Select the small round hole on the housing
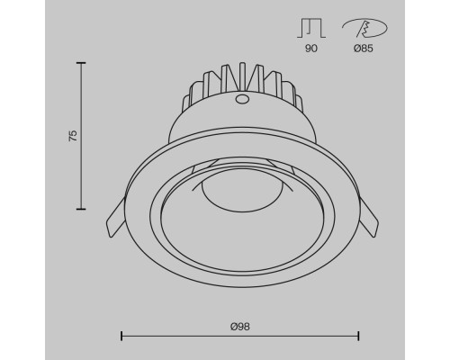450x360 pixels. (x=240, y=101)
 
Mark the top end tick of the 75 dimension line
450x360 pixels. (x=82, y=63)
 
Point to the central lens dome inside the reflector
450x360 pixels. (x=239, y=191)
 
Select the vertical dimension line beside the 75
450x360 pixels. (x=82, y=171)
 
